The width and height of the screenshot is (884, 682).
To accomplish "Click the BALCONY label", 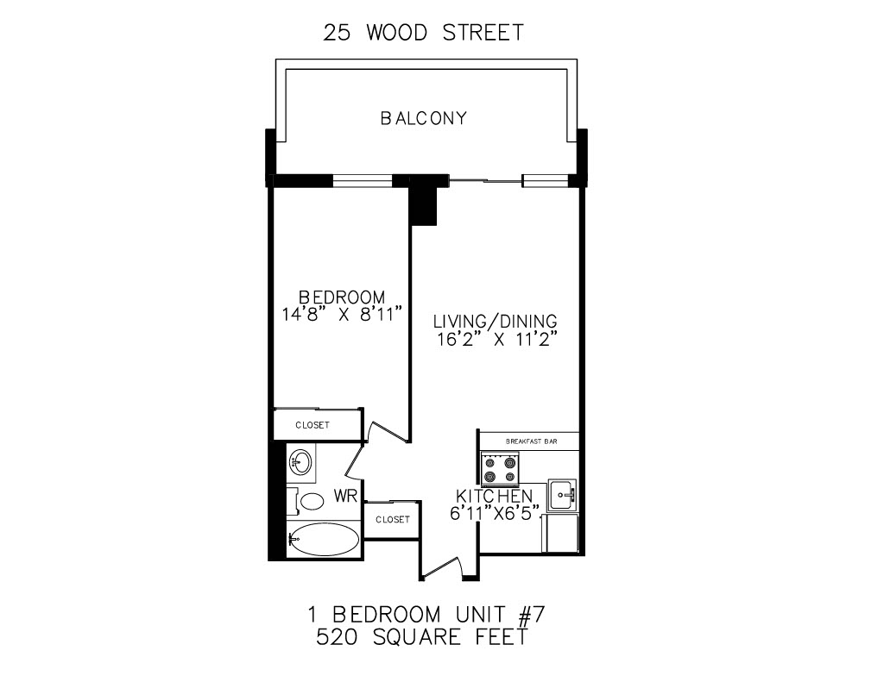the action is [x=423, y=118].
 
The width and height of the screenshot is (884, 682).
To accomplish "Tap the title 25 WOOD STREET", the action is [x=423, y=33].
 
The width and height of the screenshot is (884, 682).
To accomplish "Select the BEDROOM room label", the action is [x=342, y=297].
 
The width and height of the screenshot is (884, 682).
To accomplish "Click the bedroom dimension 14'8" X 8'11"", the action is [x=342, y=314].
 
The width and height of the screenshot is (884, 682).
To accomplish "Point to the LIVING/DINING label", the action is [x=495, y=322].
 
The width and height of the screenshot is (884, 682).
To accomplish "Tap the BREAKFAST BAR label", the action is [x=531, y=441].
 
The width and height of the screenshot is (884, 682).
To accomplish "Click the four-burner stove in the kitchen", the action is [x=500, y=470].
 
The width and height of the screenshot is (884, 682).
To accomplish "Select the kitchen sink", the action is [x=563, y=496].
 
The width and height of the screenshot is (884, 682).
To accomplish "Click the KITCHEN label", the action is [x=494, y=496].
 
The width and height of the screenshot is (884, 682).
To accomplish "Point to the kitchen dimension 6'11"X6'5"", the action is [x=495, y=513].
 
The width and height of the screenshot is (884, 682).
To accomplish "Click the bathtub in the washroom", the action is [x=324, y=540].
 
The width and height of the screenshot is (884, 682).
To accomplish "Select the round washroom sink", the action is [x=301, y=463].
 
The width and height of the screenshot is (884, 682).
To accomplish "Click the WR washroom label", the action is [x=345, y=496].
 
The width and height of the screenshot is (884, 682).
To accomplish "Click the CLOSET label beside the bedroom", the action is [x=313, y=425].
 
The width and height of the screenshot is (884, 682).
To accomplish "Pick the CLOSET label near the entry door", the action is [x=393, y=519].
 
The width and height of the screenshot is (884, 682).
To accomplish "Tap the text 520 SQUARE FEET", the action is [x=422, y=637].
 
